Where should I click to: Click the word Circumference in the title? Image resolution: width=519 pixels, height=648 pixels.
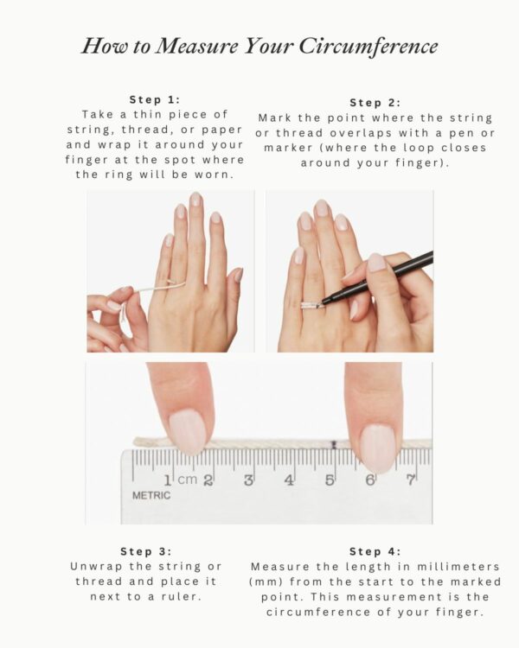tap(368, 47)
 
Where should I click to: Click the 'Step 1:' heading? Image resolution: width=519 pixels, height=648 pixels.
tap(155, 99)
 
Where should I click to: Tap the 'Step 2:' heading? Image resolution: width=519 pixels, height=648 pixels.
tap(375, 103)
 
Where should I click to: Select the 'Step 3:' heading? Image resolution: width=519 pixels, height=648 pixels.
tap(146, 551)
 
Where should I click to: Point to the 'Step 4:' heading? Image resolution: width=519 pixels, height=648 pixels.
tap(375, 551)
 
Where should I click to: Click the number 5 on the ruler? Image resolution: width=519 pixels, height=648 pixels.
tap(330, 480)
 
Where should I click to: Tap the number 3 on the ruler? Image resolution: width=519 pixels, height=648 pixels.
tap(248, 480)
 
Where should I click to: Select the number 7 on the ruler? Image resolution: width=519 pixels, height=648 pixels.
tap(410, 480)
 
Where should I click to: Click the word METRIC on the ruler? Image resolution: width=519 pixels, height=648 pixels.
tap(151, 495)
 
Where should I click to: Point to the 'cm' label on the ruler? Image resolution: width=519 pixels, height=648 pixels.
tap(188, 480)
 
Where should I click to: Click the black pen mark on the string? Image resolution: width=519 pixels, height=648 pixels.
tap(334, 445)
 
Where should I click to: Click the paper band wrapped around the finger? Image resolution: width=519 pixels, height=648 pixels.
tap(309, 306)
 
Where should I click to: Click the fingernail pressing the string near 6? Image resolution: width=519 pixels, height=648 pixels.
tap(377, 448)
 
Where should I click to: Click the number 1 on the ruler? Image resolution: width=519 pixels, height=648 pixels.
tap(168, 480)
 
